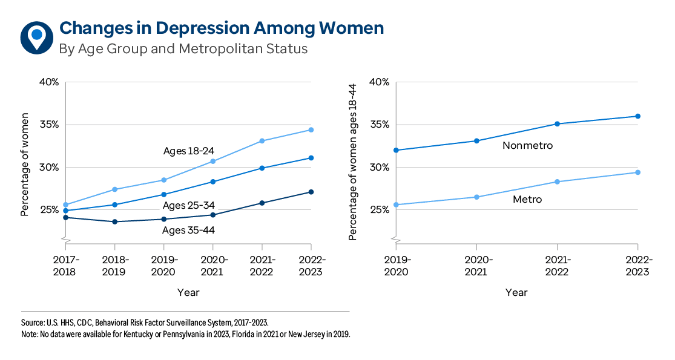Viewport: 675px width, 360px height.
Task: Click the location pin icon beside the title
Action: [x=36, y=37]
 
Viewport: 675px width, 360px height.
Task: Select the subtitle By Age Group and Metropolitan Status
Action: [x=183, y=49]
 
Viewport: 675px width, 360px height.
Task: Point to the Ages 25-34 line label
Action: [x=188, y=206]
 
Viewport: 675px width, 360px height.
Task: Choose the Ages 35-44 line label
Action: [x=188, y=230]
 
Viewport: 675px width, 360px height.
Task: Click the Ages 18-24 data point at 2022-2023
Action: [x=311, y=129]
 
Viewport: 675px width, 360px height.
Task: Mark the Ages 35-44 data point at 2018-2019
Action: [x=114, y=221]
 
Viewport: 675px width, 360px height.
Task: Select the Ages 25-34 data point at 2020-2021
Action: [x=212, y=182]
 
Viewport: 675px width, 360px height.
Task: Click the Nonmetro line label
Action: [x=527, y=146]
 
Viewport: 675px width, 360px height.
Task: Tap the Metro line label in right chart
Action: [x=527, y=199]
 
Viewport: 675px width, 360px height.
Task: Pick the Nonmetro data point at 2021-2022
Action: [x=557, y=124]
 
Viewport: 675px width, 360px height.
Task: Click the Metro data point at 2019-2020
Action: [x=397, y=205]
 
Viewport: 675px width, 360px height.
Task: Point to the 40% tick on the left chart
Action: [x=48, y=82]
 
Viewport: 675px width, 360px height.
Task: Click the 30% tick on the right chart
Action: [x=380, y=167]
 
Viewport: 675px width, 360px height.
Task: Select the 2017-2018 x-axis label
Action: [x=65, y=266]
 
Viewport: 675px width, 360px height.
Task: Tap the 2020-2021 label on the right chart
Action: [x=476, y=266]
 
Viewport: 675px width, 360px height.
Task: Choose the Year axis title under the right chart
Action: [x=516, y=293]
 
